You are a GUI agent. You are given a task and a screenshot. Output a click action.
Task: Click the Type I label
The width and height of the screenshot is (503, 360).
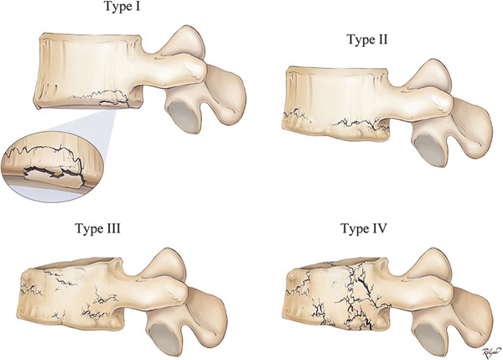122,7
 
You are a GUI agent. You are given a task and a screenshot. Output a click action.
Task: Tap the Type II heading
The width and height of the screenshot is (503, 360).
367,39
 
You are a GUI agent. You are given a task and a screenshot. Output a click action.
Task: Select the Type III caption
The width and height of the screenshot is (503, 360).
97,228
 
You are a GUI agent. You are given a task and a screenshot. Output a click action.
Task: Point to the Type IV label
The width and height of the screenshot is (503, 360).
364,228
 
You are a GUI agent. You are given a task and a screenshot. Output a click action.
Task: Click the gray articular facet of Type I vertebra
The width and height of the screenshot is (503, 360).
184,117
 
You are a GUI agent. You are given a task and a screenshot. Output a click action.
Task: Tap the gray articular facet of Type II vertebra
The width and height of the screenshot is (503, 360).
429,150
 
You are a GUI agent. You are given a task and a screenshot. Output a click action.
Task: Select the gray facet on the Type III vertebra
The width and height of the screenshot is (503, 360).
165,339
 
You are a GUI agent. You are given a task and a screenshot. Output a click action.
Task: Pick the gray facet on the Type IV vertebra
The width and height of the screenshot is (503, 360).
429,339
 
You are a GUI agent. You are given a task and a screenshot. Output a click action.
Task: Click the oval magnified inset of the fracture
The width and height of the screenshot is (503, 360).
49,167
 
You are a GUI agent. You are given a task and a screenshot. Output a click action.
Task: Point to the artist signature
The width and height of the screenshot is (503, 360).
491,352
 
